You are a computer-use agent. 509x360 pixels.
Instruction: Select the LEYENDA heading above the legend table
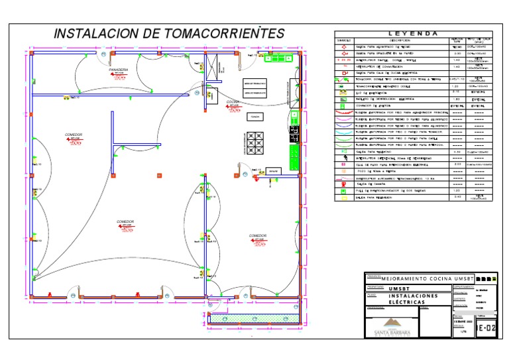coord(412,33)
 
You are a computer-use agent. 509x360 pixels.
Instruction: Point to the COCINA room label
coord(233,102)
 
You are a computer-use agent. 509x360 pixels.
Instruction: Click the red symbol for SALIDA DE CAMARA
coord(344,184)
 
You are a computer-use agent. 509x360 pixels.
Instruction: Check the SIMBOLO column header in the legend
coord(344,40)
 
